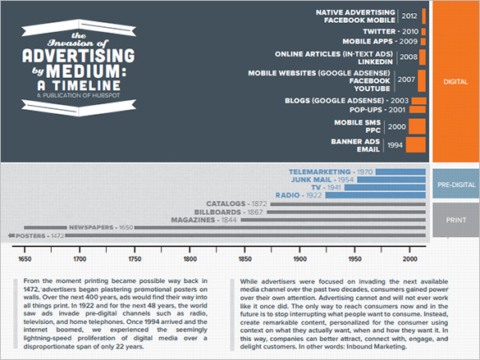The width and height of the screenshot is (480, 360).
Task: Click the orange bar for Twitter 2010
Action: pos(423,31)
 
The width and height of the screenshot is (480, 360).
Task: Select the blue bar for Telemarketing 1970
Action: pos(400,172)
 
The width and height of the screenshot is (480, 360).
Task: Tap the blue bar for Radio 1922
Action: pos(376,195)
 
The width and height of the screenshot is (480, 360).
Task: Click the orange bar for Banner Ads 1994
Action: pos(416,144)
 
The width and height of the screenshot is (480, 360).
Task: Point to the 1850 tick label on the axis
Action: pos(245,259)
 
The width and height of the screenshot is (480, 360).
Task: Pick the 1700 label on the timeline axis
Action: pos(80,259)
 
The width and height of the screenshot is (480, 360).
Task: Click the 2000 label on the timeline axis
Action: pos(410,259)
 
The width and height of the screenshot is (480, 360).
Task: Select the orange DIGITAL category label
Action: pos(455,82)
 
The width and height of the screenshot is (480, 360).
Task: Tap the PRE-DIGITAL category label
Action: pos(456,185)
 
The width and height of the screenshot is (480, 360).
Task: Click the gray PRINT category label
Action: pos(456,221)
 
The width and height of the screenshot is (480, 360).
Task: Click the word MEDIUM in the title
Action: pos(86,71)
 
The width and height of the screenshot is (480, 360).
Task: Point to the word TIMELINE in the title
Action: pos(86,85)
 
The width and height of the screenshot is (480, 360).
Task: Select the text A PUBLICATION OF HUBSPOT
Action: pos(79,95)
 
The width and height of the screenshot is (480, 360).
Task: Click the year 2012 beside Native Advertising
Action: pos(409,16)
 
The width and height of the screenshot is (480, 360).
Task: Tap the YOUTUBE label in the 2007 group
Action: pos(372,89)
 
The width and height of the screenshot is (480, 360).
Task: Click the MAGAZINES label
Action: pos(193,220)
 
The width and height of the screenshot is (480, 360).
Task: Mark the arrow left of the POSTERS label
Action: pos(11,235)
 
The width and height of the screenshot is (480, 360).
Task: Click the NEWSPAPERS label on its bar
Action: pos(91,227)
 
